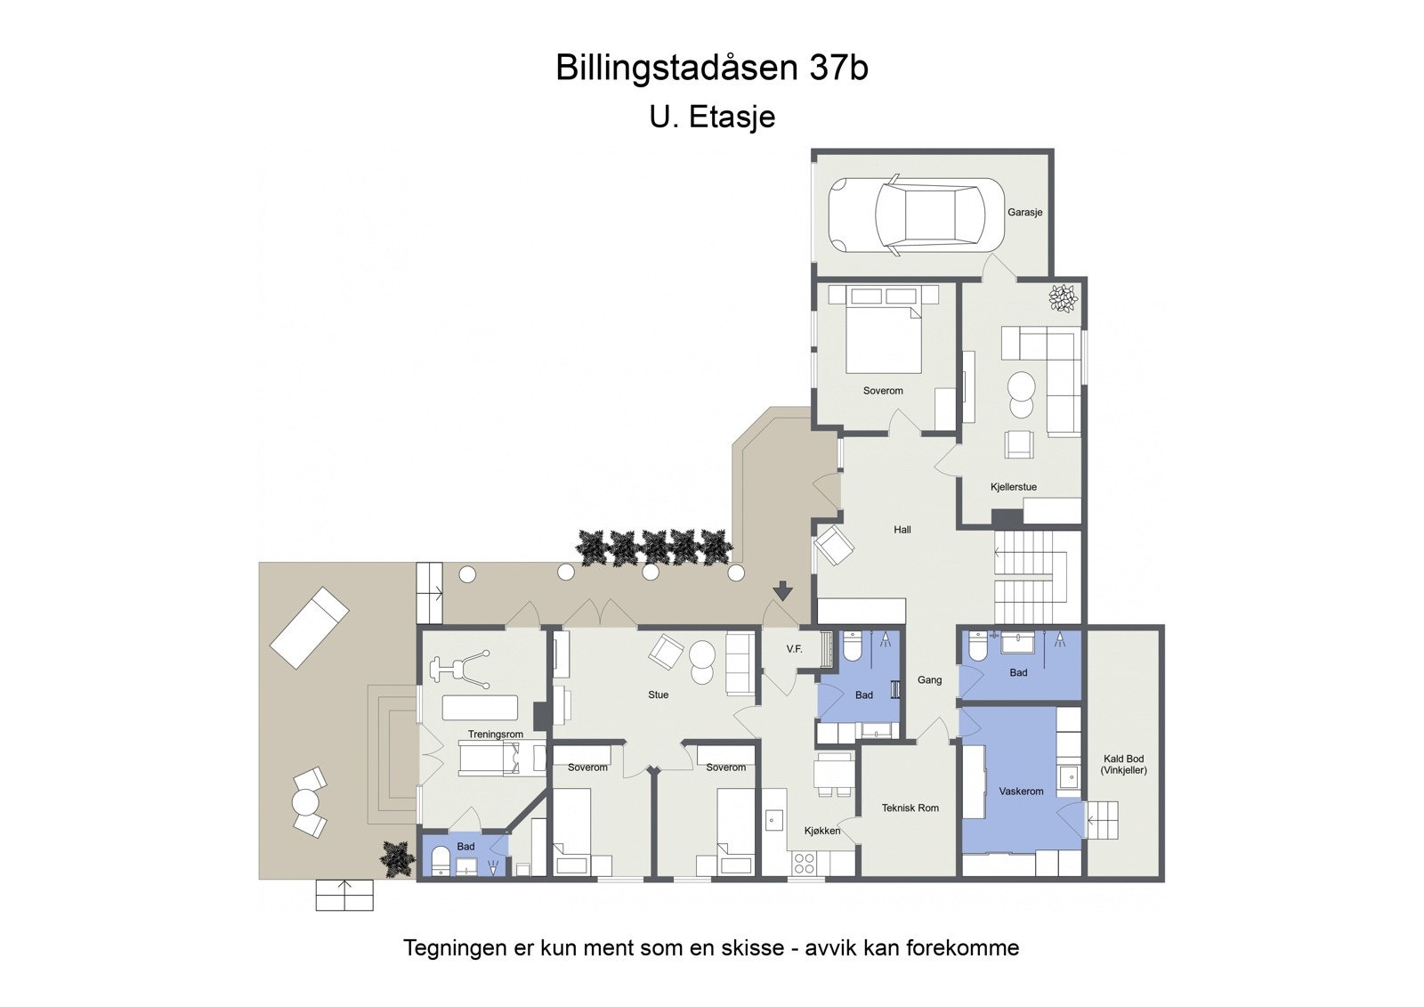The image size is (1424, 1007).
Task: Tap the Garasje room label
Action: click(1024, 213)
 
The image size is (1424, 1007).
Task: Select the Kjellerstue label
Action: click(1013, 487)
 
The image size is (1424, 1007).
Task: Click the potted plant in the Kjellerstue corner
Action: click(1063, 297)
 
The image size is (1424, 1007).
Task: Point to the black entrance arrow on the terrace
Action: click(782, 590)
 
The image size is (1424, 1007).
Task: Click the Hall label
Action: click(902, 530)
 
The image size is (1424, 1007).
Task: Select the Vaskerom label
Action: click(1021, 792)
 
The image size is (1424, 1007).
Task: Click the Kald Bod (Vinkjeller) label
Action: click(1123, 764)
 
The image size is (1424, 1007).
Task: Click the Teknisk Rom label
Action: click(910, 808)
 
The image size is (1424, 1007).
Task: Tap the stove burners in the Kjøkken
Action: click(805, 862)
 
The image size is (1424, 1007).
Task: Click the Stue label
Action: click(658, 695)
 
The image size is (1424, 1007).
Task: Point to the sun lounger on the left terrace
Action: click(309, 628)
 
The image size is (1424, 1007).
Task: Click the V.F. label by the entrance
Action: click(794, 649)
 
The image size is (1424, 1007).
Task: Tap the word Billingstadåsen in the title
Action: click(677, 68)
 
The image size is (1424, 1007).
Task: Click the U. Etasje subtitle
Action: click(712, 117)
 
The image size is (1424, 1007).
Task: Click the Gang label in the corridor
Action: click(929, 680)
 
